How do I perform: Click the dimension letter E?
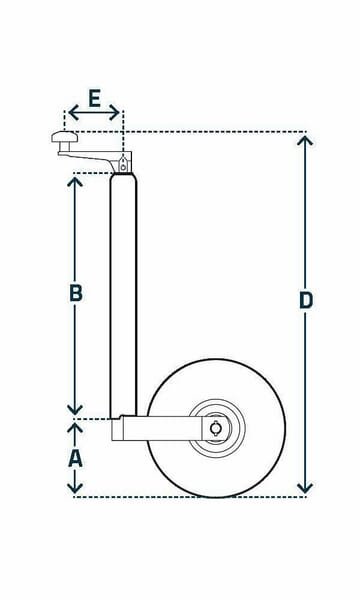(94, 98)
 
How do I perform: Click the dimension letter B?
(76, 293)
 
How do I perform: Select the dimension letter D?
(306, 300)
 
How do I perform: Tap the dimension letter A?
(75, 458)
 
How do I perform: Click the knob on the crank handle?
(65, 137)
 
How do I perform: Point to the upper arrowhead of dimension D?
(305, 141)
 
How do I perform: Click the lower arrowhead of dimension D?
(305, 488)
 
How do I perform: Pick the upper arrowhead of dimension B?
(75, 182)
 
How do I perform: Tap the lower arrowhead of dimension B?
(75, 410)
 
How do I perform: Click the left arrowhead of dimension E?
(73, 112)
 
